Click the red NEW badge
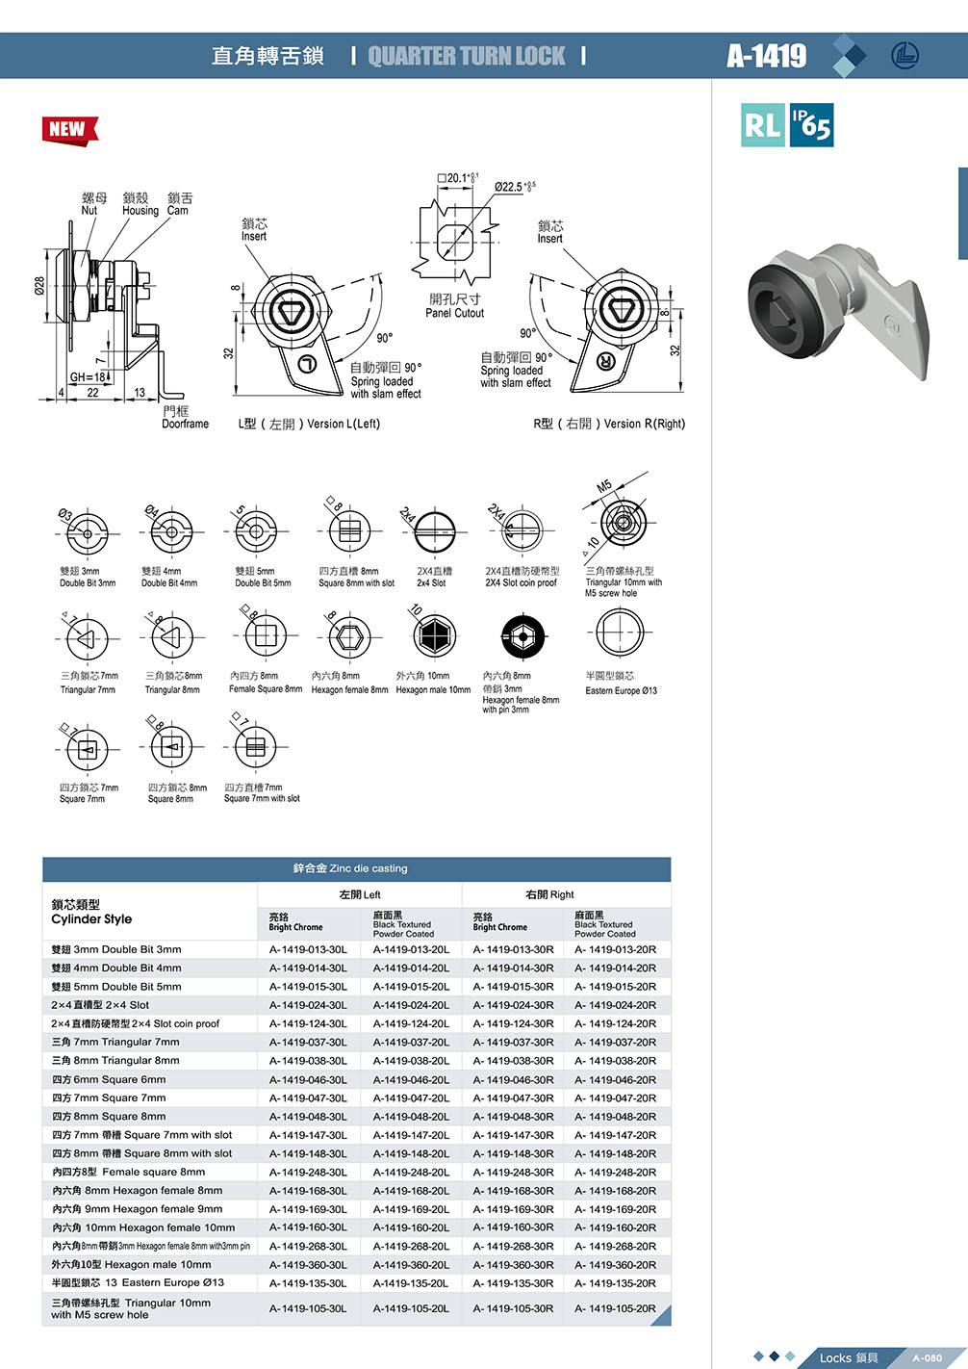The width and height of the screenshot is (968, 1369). point(69,129)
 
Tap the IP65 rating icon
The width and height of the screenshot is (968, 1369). point(811,125)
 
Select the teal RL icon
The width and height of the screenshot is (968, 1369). point(763,125)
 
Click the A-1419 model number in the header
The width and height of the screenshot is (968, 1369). point(767,56)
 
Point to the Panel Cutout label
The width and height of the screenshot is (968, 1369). point(454,313)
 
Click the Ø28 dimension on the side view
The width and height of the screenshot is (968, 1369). point(39,286)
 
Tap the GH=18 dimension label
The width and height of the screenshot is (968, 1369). point(88,377)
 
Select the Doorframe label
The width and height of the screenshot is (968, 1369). point(185,424)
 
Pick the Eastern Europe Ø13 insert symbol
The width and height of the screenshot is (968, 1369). point(620,633)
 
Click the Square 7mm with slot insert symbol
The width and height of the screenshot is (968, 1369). point(255,747)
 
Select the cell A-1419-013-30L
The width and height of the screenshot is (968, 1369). point(308,949)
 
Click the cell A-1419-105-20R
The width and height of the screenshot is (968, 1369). point(615,1308)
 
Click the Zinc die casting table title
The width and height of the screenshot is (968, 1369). point(350,868)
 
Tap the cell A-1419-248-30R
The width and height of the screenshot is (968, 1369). point(513,1172)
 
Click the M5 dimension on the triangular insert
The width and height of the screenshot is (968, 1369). point(604,486)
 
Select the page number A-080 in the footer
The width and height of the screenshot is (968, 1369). point(927,1357)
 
